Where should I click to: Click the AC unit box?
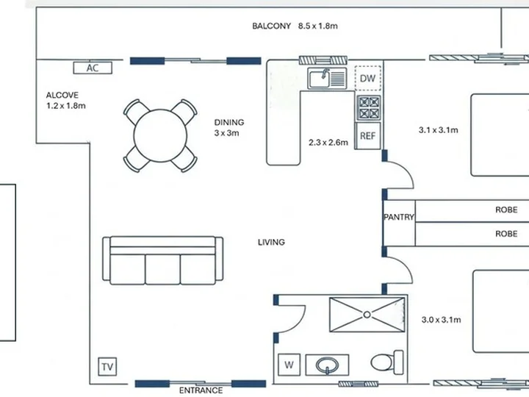tap(93, 68)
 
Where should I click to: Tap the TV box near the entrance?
tap(107, 367)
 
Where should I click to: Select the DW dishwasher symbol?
tap(368, 79)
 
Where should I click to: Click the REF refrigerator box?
tap(368, 136)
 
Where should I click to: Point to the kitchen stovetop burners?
tap(369, 107)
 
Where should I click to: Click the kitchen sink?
tap(327, 79)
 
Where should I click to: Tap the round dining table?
tap(160, 136)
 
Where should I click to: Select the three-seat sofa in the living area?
tap(162, 260)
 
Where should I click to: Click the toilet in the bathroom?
tap(387, 362)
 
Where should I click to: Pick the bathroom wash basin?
tap(327, 365)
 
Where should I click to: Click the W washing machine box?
tap(289, 365)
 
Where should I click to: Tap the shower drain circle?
tap(367, 315)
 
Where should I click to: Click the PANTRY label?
tap(399, 217)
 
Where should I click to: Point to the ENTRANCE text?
tap(201, 390)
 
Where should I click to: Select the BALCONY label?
tap(272, 26)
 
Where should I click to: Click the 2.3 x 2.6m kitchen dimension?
tap(328, 143)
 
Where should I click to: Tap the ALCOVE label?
tap(62, 95)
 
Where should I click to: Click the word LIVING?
tap(271, 242)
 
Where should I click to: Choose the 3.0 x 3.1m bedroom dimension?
tap(442, 320)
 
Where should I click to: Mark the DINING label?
tap(229, 122)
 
